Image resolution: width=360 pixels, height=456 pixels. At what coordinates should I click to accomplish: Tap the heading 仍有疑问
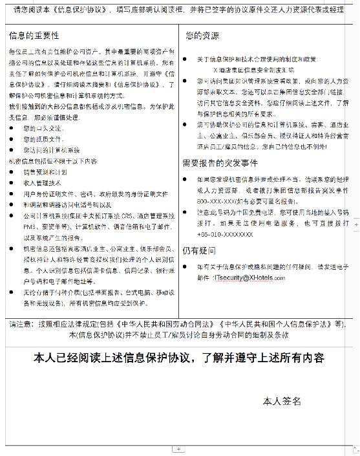198,250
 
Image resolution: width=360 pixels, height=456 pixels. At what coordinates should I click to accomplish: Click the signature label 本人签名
282,402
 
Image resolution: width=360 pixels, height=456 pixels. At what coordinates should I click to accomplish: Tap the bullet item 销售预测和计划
45,173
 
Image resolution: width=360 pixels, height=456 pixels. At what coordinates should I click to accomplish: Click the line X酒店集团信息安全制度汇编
253,68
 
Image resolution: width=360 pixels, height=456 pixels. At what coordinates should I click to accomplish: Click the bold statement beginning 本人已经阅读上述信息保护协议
179,358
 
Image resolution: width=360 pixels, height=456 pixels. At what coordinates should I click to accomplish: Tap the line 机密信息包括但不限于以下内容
53,160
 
